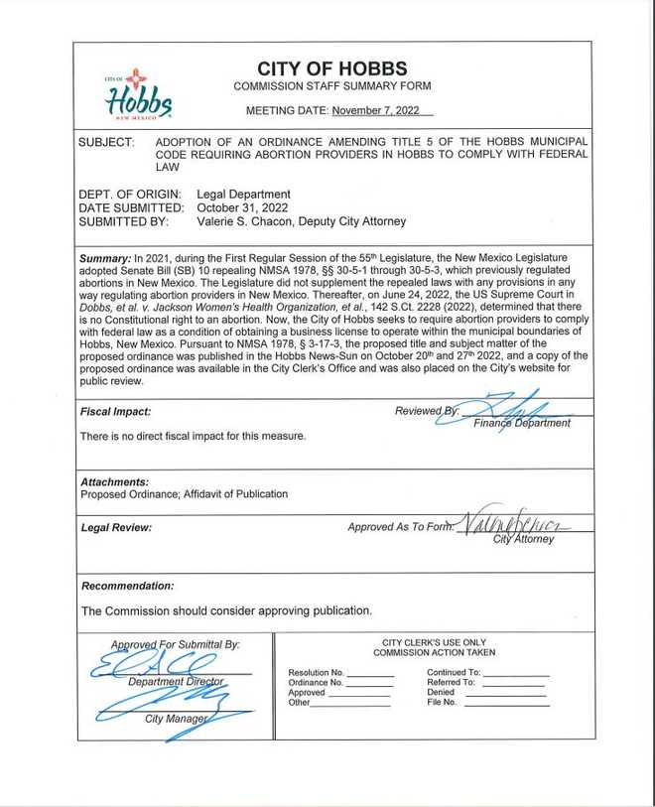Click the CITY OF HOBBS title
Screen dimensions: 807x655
(331, 68)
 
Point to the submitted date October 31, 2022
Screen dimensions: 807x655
(242, 207)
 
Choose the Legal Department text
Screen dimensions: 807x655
(243, 194)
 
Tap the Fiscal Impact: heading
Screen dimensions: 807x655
(116, 412)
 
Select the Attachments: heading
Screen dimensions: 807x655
(115, 481)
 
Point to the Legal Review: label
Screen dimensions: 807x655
(116, 527)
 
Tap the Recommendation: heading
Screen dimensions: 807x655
(127, 586)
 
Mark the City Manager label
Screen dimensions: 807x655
(177, 718)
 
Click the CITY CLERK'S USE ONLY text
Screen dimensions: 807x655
(434, 642)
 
